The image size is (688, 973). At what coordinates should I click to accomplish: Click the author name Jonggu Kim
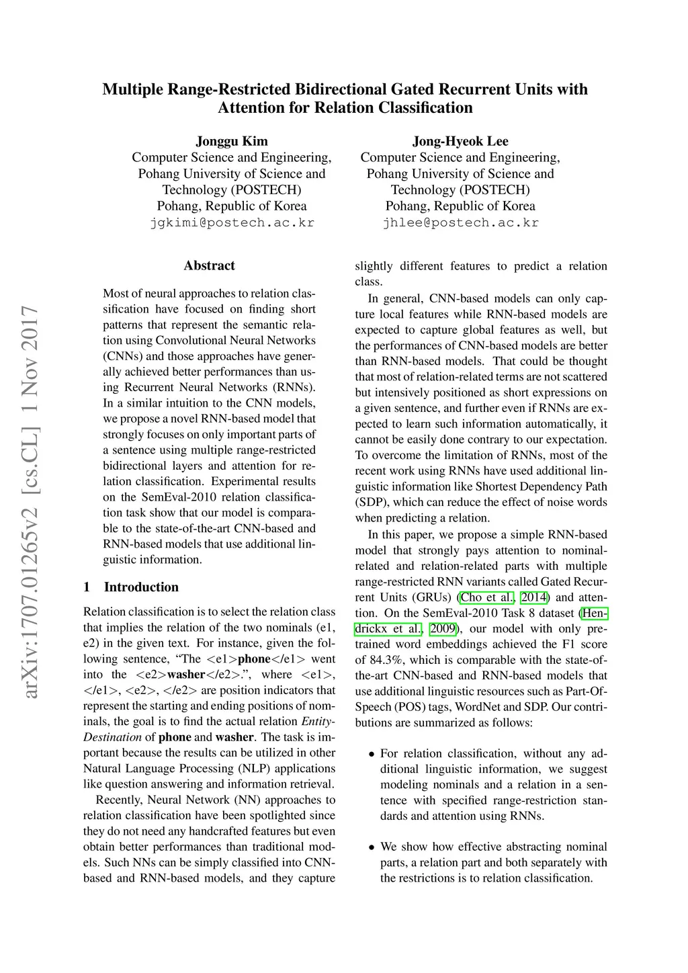click(232, 141)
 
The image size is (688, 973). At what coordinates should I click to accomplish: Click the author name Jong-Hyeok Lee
click(460, 141)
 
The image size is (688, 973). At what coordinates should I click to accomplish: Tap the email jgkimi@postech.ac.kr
click(232, 222)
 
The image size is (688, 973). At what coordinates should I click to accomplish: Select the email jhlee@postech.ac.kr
click(460, 222)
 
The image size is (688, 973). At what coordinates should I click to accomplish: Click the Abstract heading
click(209, 265)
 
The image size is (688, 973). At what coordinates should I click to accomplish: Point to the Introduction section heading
click(141, 587)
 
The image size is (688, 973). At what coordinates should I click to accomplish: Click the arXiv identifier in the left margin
click(30, 501)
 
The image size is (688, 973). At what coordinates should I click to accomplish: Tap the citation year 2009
click(443, 629)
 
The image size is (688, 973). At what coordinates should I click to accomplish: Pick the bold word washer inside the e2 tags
click(186, 674)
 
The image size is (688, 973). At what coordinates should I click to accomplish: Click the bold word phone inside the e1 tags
click(254, 659)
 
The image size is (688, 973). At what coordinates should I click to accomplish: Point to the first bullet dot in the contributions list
click(371, 754)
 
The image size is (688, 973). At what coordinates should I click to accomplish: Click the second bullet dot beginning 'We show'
click(371, 847)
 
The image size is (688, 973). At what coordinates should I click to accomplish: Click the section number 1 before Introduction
click(87, 587)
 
